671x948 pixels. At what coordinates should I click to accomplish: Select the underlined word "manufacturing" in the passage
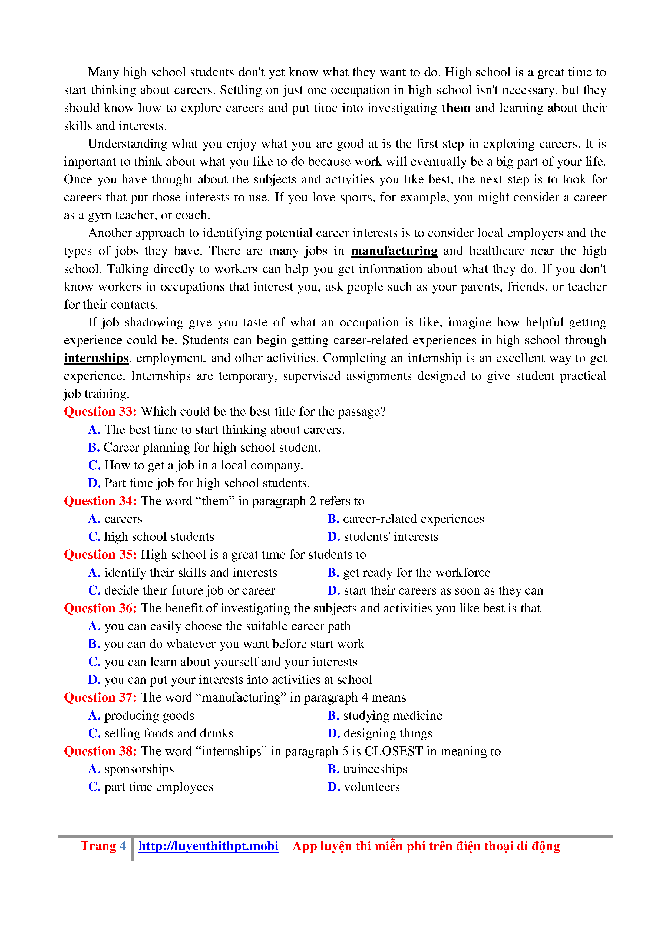(x=394, y=251)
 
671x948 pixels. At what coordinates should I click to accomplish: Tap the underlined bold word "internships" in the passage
(x=96, y=358)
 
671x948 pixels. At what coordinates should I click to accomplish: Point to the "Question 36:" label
(x=100, y=608)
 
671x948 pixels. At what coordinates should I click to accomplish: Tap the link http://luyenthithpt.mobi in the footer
(x=208, y=846)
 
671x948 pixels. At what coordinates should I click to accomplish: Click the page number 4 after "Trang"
(x=123, y=846)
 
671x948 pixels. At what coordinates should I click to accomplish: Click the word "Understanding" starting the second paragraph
(x=128, y=144)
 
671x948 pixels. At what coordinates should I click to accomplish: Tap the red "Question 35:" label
(x=100, y=555)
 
